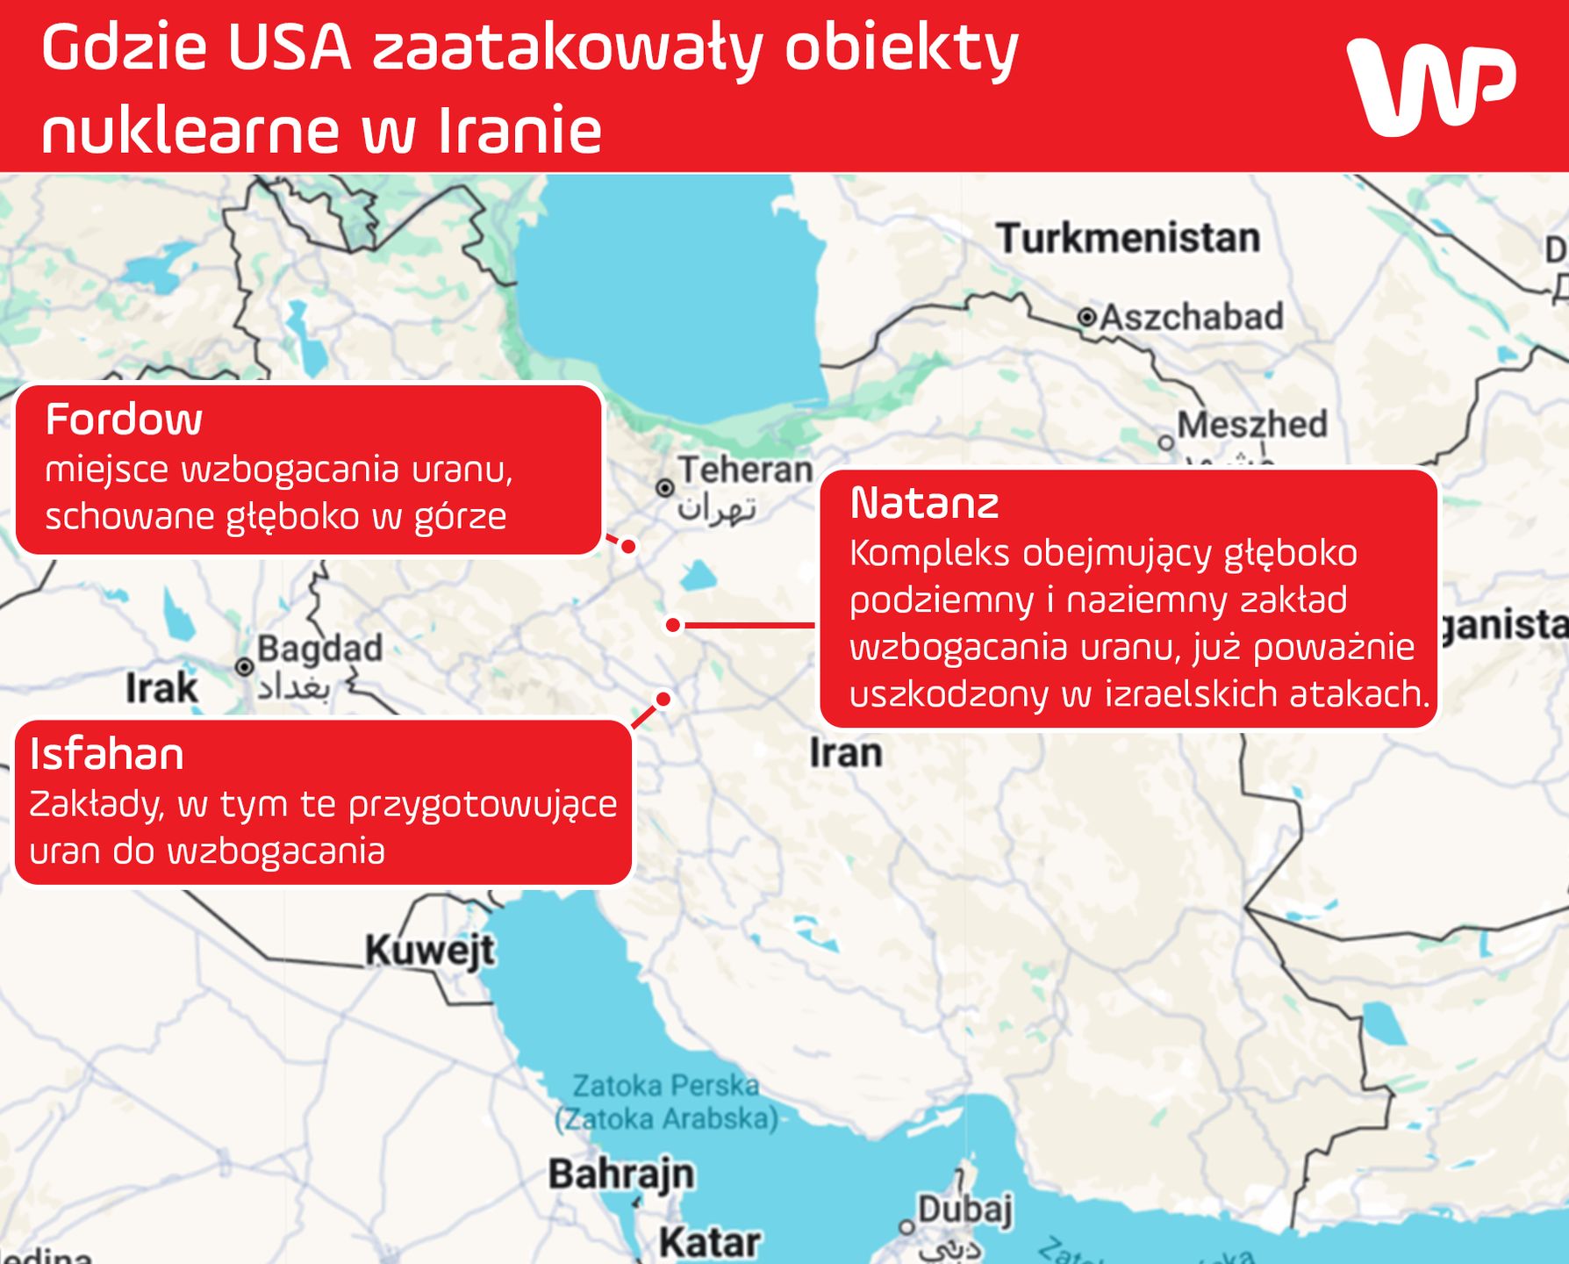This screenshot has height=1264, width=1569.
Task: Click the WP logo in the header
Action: point(1431,86)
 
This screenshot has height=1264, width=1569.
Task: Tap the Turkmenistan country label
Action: point(1128,238)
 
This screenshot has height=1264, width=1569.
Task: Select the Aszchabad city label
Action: point(1191,317)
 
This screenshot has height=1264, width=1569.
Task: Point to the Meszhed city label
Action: point(1251,425)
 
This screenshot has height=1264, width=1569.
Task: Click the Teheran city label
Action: point(745,470)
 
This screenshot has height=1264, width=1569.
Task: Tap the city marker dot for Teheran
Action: point(665,487)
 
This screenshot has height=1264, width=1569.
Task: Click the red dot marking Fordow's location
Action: point(628,546)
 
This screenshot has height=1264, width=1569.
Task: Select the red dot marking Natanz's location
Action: point(673,625)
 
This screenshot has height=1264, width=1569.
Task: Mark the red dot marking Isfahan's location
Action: point(663,699)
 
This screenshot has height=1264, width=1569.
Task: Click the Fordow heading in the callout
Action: point(124,420)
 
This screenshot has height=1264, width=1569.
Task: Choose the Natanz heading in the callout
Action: point(924,504)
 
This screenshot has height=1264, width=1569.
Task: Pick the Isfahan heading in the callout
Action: point(107,754)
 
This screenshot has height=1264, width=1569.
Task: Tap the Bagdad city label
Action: point(319,649)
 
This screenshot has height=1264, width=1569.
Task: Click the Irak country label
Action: point(161,687)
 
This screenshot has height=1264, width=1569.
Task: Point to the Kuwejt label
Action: point(430,950)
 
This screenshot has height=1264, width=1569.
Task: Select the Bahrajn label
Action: point(621,1174)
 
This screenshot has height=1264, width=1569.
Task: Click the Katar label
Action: point(709,1241)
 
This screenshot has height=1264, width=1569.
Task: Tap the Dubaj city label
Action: point(965,1209)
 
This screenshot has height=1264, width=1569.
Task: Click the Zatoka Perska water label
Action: point(666,1086)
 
